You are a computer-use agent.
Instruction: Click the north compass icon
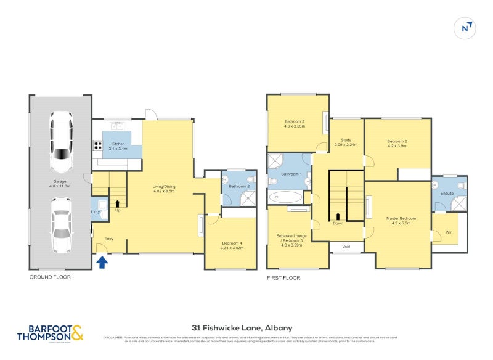[x=467, y=27]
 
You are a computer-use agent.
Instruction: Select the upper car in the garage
[x=62, y=143]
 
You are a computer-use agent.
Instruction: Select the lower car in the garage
[x=62, y=224]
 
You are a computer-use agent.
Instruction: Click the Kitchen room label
[x=118, y=146]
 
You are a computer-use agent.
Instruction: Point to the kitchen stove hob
[x=97, y=146]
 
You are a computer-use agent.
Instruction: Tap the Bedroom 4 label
[x=233, y=246]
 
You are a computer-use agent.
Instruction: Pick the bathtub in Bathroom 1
[x=286, y=198]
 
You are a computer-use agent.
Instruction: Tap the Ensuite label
[x=448, y=193]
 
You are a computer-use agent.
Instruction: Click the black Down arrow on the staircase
[x=338, y=216]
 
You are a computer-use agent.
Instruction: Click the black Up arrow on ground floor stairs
[x=117, y=202]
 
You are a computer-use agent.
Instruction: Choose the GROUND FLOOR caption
[x=50, y=277]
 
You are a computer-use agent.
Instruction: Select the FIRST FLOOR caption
[x=283, y=278]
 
